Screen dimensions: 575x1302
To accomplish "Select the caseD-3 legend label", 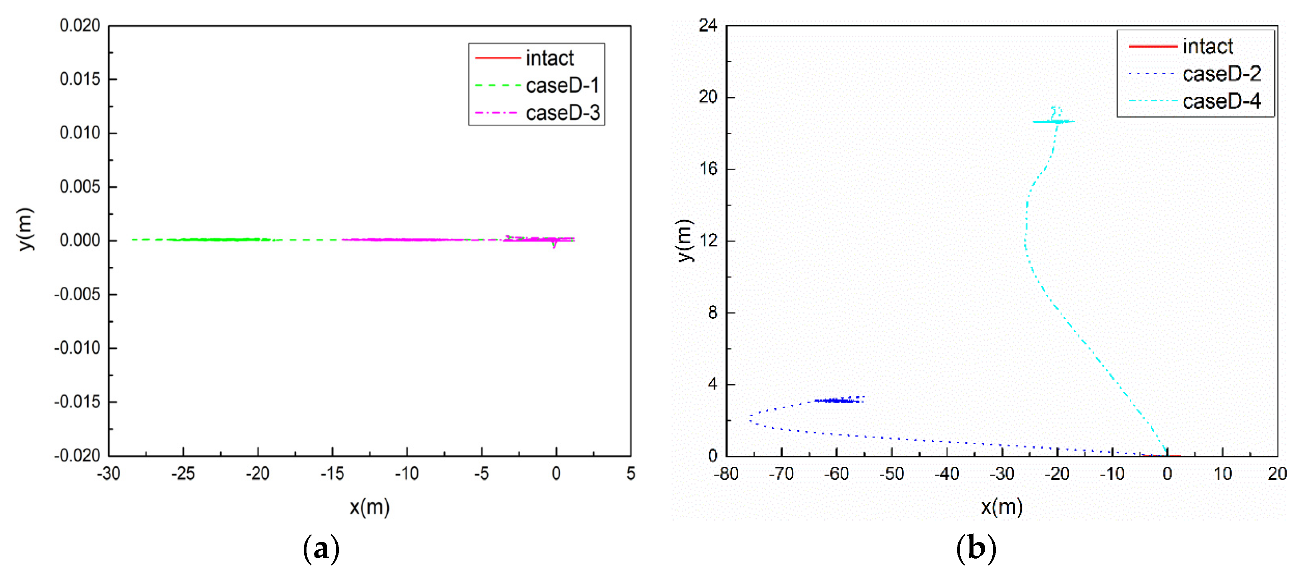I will pos(563,113).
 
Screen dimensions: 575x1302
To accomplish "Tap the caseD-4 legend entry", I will pos(1221,101).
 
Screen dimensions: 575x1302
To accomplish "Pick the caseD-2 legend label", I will pos(1221,74).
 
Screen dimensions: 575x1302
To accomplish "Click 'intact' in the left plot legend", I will pos(549,58).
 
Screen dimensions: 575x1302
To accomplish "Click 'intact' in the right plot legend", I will pos(1208,46).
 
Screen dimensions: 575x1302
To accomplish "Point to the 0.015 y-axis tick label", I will pos(80,79).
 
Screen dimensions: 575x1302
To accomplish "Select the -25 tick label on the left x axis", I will pos(182,473).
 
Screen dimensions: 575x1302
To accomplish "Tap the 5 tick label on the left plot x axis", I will pos(630,473).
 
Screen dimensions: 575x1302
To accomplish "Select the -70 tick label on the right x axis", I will pos(781,474).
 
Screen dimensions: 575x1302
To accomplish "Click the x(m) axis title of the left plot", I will pos(369,506).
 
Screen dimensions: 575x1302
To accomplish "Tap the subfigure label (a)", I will pos(321,548).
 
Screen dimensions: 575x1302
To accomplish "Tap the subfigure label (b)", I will pos(976,548).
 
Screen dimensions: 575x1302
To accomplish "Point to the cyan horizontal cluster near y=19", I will pos(1054,121).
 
